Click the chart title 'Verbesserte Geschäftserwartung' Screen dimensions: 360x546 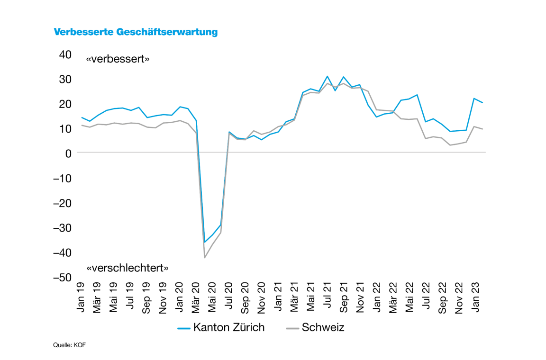tap(136, 32)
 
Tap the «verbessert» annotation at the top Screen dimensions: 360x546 tap(118, 60)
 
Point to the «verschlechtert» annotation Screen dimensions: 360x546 tap(127, 268)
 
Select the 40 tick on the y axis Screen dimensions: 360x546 tap(65, 54)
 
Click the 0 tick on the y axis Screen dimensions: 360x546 tap(68, 153)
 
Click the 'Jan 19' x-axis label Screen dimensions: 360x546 tap(81, 297)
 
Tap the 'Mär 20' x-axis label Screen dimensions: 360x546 tap(196, 297)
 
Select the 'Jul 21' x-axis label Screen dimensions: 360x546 tap(327, 297)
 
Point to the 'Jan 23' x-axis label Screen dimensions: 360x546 tap(475, 297)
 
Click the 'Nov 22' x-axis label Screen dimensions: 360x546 tap(459, 297)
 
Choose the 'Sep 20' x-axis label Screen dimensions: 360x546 tap(245, 297)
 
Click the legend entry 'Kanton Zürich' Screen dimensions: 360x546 tap(221, 327)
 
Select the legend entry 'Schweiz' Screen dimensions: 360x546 tap(315, 327)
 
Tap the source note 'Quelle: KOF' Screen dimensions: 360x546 tap(69, 345)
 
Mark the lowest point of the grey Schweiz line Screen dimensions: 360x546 tap(204, 258)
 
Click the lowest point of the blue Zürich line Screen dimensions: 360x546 tap(204, 242)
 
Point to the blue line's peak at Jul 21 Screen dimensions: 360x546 tap(327, 76)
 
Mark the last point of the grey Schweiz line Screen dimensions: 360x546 tap(483, 129)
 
